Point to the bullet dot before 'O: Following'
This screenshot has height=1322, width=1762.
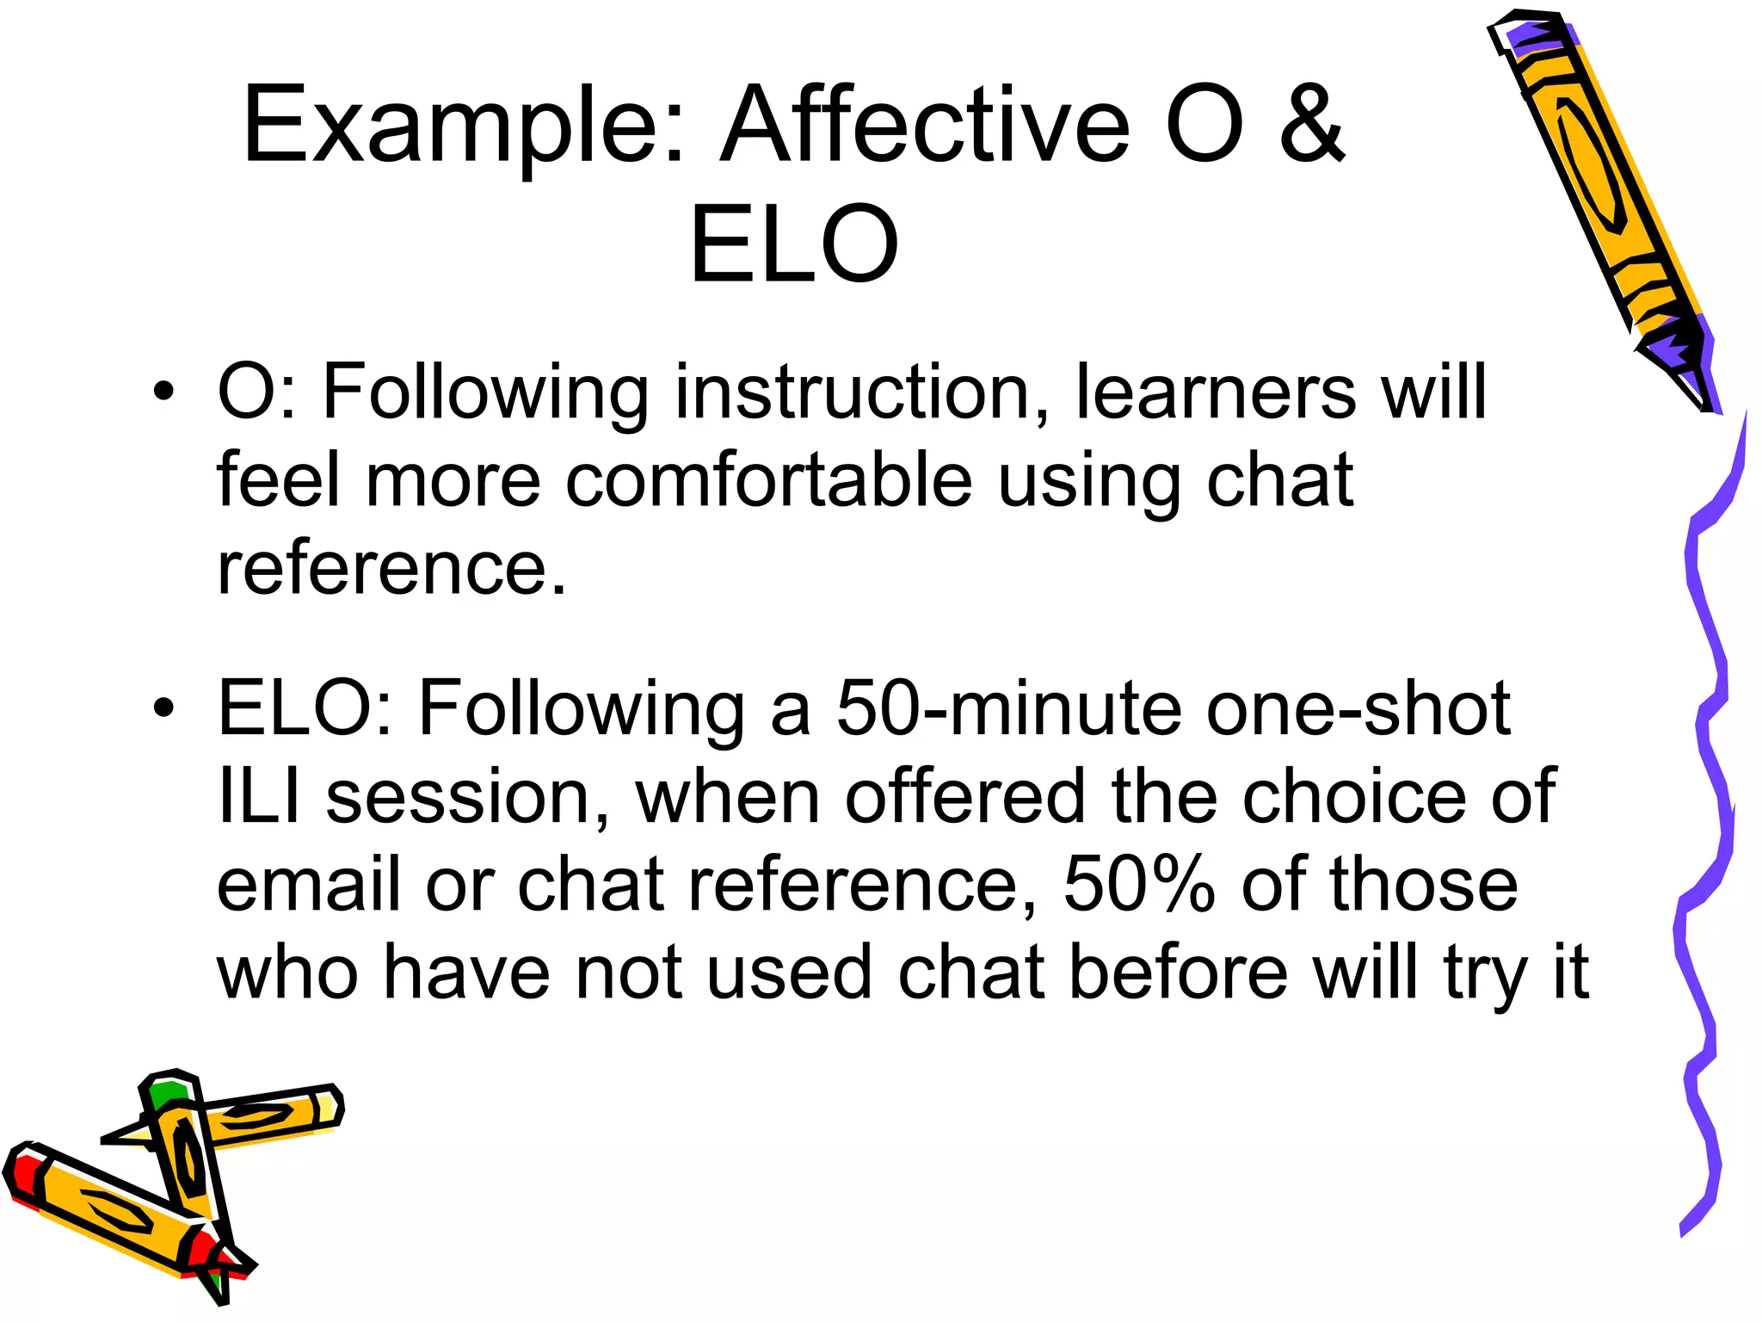pos(163,393)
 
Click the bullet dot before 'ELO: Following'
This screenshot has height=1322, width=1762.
pos(163,709)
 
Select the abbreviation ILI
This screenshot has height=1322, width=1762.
pos(259,797)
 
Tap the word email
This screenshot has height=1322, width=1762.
pos(308,885)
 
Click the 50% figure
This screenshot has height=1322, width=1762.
pos(1138,885)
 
